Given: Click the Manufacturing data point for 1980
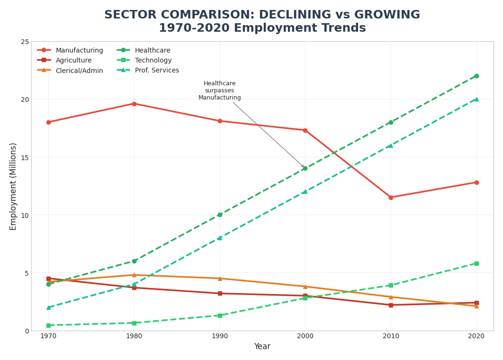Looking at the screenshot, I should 134,104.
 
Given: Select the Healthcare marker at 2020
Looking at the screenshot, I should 476,76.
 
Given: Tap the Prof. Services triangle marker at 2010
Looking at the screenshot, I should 391,145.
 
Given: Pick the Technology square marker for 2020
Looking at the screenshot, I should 476,263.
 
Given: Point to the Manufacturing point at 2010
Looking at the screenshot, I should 391,198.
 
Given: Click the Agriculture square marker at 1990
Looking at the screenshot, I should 220,293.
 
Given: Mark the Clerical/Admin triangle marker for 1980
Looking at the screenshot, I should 134,275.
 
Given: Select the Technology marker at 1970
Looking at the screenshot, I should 48,325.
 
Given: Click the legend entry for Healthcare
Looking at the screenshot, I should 152,50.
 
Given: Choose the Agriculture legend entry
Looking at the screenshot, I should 73,61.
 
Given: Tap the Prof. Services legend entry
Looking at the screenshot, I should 157,71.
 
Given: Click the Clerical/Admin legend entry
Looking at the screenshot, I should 79,71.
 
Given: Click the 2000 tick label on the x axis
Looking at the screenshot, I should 305,336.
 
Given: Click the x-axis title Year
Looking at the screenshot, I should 262,346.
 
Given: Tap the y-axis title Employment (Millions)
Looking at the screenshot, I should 13,186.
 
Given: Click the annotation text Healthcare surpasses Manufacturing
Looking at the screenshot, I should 219,90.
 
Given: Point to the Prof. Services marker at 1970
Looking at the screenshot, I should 48,307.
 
